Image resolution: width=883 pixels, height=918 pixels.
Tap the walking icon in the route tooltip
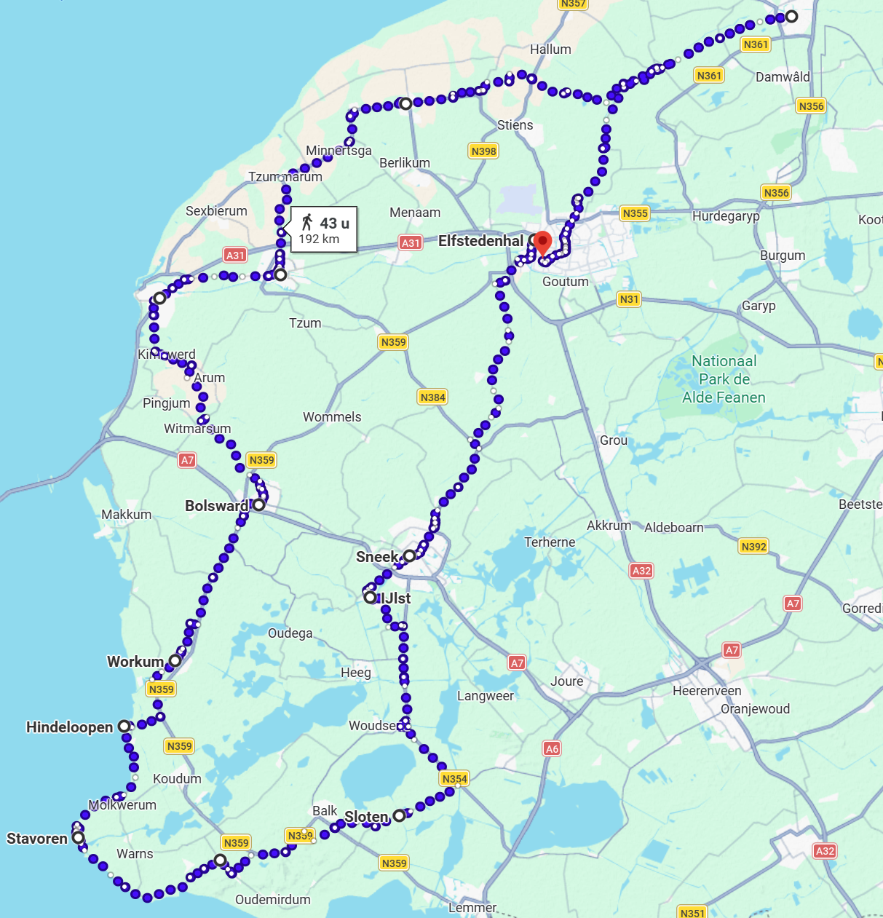(x=307, y=223)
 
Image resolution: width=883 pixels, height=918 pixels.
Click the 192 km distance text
(x=319, y=240)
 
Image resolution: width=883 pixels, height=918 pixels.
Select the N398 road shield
(x=483, y=151)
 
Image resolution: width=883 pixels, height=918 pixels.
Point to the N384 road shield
(x=432, y=397)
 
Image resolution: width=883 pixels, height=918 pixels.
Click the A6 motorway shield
(x=552, y=748)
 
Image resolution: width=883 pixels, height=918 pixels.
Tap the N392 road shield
(x=753, y=546)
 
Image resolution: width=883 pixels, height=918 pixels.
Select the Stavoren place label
(x=37, y=839)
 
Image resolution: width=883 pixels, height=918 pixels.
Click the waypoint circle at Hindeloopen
(x=124, y=726)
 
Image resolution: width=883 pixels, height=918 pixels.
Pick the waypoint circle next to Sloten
(x=399, y=815)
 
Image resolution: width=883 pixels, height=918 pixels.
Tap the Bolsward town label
(x=216, y=506)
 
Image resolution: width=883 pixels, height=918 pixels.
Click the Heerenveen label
(x=707, y=691)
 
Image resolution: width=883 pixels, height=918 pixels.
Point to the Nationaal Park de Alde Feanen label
(x=724, y=379)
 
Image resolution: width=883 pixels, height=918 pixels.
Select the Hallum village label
(x=550, y=50)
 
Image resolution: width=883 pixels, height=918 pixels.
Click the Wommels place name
(x=332, y=417)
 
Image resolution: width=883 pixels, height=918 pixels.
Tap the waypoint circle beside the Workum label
(x=175, y=660)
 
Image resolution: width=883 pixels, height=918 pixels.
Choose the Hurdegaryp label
(x=726, y=216)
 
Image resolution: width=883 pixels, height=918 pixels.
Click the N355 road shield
(x=635, y=213)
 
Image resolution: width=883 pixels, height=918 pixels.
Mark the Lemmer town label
(x=472, y=908)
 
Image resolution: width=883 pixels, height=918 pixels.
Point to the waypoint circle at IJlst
(x=371, y=598)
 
